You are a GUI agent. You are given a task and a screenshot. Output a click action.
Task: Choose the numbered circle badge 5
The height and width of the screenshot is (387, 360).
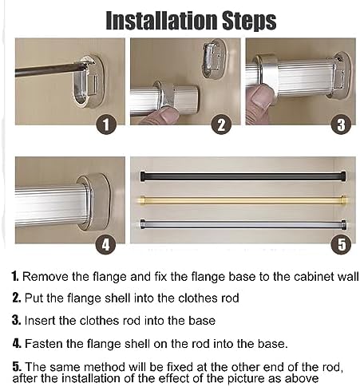(341, 245)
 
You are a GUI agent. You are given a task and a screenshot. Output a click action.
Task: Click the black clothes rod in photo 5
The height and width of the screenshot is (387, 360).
(239, 175)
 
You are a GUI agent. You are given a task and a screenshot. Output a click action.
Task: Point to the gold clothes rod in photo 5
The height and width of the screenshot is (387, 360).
(239, 199)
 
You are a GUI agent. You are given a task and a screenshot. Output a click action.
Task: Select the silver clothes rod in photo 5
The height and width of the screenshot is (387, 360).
(239, 224)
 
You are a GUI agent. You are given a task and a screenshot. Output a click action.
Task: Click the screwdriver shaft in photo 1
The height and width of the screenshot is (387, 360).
(48, 70)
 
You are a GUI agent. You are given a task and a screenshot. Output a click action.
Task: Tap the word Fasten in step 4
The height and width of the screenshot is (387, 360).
(43, 344)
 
